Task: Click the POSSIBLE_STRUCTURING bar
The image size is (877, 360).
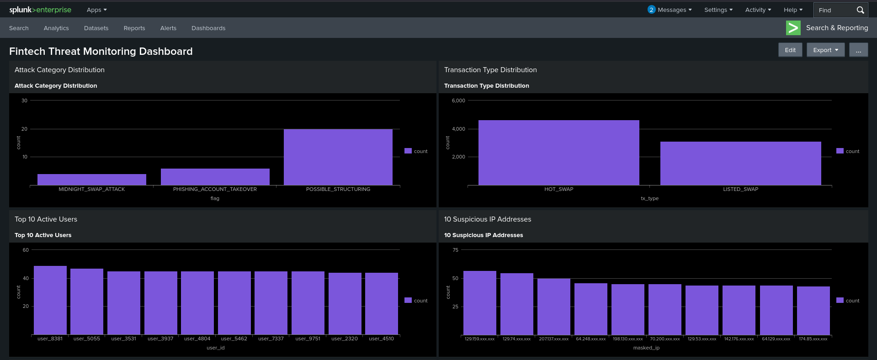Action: [338, 157]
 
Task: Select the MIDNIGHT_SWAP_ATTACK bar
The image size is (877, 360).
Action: [92, 180]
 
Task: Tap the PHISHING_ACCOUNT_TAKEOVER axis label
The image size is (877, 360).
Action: [215, 189]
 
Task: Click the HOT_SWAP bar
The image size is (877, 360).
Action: [559, 153]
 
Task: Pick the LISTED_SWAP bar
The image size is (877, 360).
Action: [741, 164]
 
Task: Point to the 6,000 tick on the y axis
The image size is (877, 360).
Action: [458, 101]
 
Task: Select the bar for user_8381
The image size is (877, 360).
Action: [50, 300]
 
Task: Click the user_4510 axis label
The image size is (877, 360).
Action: [382, 339]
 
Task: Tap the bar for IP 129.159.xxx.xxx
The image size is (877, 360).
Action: [480, 303]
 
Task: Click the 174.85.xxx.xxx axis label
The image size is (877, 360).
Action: [813, 339]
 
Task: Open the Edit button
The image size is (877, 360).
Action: [790, 50]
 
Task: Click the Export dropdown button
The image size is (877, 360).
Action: [825, 50]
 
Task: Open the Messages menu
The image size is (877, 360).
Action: [670, 10]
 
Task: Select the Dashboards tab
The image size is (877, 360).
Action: [208, 28]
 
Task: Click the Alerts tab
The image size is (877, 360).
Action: [168, 28]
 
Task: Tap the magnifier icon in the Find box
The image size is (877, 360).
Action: [860, 10]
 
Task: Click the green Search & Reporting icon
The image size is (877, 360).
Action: [793, 28]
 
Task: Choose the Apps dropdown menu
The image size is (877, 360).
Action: [96, 10]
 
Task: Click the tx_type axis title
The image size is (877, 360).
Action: [649, 198]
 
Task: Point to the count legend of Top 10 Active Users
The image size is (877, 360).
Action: [416, 301]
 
